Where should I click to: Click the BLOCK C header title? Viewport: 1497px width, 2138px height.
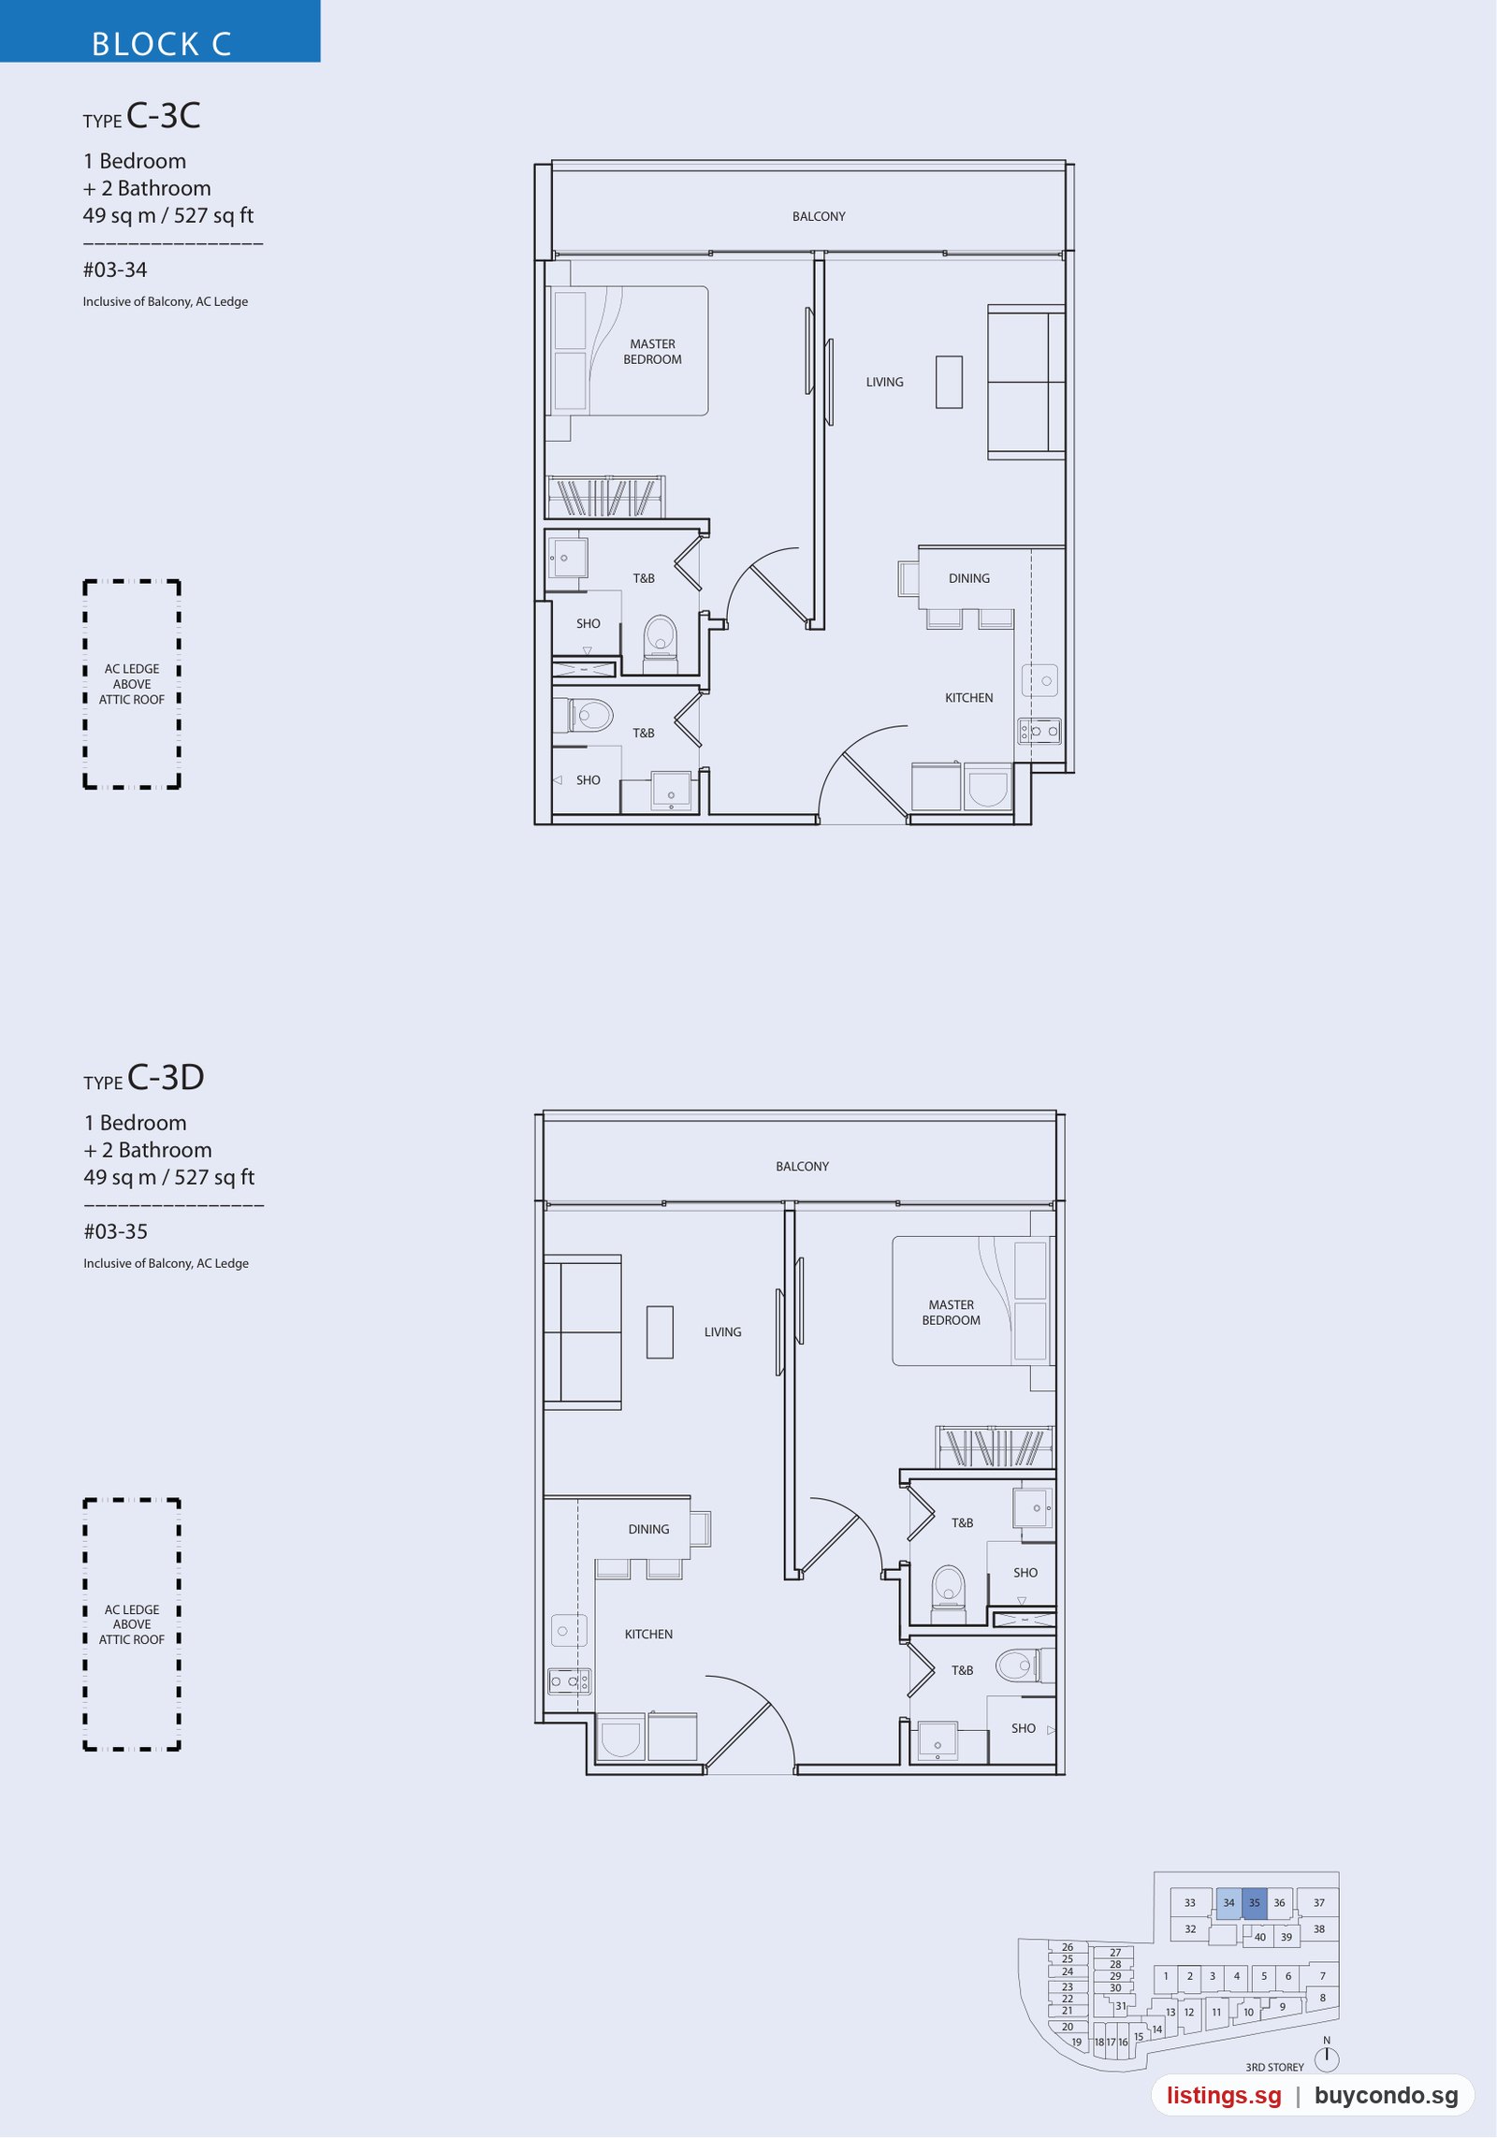click(x=161, y=44)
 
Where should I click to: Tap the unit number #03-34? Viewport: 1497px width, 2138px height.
click(x=115, y=270)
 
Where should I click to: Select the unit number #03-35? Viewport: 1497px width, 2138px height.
click(x=116, y=1232)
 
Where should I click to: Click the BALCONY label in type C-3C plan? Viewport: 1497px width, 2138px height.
click(x=819, y=216)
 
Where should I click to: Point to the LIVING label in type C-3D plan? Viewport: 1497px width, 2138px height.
click(x=722, y=1331)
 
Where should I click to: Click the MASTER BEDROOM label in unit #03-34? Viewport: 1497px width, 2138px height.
click(x=652, y=352)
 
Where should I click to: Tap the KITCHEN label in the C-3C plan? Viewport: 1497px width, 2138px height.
click(x=968, y=698)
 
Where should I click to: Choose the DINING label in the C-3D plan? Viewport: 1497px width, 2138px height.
click(x=648, y=1529)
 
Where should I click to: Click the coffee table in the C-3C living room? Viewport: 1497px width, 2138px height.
click(x=949, y=382)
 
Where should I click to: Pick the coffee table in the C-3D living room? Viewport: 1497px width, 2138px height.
click(x=660, y=1331)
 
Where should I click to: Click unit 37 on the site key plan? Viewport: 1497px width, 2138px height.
click(x=1318, y=1902)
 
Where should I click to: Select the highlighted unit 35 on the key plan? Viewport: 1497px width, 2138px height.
click(x=1254, y=1903)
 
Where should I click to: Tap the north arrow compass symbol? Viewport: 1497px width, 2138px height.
click(x=1327, y=2057)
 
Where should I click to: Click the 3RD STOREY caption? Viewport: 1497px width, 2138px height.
click(x=1274, y=2067)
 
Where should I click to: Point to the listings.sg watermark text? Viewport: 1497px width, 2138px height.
click(x=1224, y=2096)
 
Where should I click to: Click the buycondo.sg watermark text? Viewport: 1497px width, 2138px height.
click(x=1386, y=2096)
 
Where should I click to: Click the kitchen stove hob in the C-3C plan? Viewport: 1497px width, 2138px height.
click(x=1039, y=731)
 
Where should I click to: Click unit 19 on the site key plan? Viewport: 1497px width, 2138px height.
click(x=1076, y=2042)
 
